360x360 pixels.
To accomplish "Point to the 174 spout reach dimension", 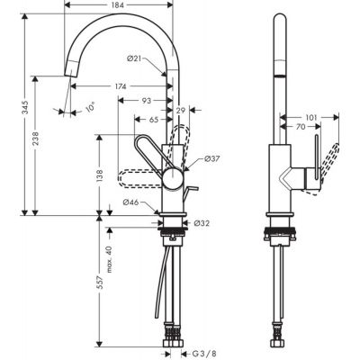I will click(x=119, y=86).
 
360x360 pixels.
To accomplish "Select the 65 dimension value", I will click(x=154, y=118).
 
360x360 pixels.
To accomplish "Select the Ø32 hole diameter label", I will click(x=202, y=220).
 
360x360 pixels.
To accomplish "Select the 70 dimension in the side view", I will click(x=300, y=129).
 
